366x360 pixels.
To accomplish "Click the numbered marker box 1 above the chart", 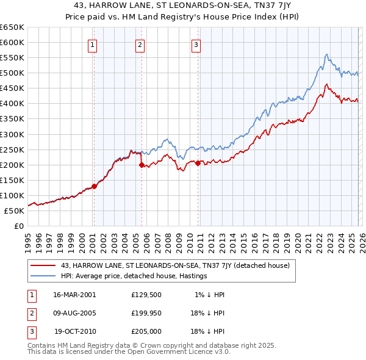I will tap(92, 44).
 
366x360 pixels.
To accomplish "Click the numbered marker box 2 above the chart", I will tap(140, 44).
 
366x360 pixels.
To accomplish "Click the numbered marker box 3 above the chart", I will tap(196, 44).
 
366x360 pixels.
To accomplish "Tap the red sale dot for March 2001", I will tap(94, 186).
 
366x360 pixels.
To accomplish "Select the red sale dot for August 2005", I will tap(142, 165).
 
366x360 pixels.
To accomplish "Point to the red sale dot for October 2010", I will tap(198, 163).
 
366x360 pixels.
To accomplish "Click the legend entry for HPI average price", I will tap(134, 276).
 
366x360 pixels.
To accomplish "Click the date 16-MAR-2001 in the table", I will tap(74, 295).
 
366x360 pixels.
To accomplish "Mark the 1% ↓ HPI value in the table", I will tap(210, 295).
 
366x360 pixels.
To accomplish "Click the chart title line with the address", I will tap(183, 6).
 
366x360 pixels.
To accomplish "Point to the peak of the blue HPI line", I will tap(327, 54).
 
